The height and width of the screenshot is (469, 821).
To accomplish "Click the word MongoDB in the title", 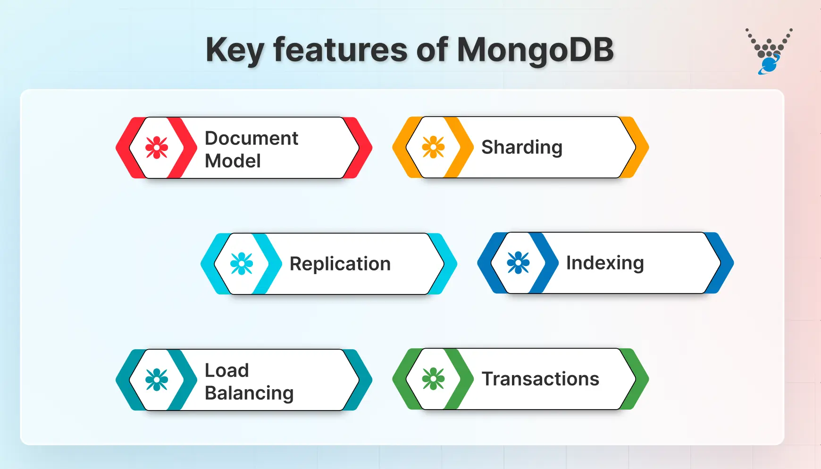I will click(x=535, y=50).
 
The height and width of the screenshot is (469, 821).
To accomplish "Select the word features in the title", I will click(x=340, y=50).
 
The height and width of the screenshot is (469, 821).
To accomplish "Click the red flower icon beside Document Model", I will click(x=157, y=148).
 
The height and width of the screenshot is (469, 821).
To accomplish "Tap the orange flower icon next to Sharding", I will click(x=433, y=147).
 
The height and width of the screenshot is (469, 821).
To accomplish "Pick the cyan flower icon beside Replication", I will click(x=242, y=264).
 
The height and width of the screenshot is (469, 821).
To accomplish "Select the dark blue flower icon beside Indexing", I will click(x=518, y=263).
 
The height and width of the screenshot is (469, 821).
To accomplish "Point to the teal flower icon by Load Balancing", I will click(x=157, y=380).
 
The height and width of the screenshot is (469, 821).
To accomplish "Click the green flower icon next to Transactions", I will click(x=433, y=379).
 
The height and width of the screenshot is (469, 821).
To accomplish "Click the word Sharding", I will click(x=521, y=147).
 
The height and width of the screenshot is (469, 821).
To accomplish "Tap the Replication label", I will click(x=340, y=264).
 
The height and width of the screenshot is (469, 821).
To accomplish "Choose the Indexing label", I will click(x=604, y=263).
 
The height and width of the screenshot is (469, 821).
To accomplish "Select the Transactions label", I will click(x=540, y=379).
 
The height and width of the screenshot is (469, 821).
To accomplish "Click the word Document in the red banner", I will click(x=251, y=138).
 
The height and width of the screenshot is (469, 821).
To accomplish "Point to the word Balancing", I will click(x=249, y=393).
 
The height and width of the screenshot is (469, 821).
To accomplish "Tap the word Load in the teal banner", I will click(x=226, y=370).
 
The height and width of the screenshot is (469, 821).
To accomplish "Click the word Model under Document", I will click(x=233, y=161).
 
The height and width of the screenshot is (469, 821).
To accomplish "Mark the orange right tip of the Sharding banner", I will click(x=641, y=147).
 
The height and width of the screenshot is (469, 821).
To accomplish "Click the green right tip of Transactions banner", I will click(x=641, y=379).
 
